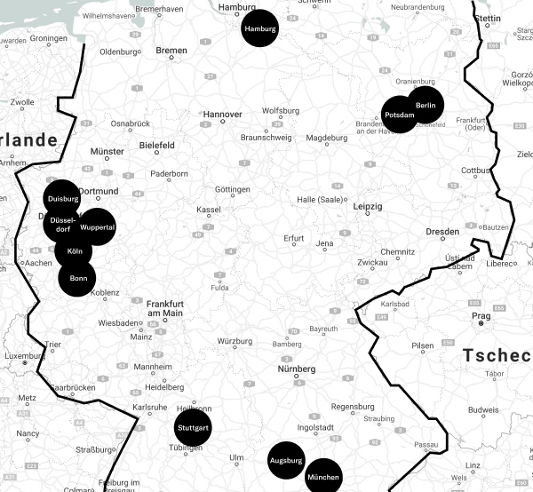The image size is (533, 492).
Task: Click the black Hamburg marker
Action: click(x=259, y=29)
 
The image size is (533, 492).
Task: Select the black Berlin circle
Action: click(x=425, y=105)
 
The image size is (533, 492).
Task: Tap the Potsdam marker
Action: click(x=400, y=115)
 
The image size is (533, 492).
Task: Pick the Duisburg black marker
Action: click(x=63, y=199)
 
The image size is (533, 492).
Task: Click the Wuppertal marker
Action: click(x=97, y=227)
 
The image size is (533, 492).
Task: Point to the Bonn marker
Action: click(x=77, y=278)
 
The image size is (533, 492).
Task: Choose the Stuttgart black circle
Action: click(x=193, y=428)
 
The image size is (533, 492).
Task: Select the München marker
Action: click(x=323, y=478)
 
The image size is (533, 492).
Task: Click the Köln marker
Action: click(x=75, y=251)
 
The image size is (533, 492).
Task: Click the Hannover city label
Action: click(x=222, y=115)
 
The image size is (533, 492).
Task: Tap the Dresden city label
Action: click(x=442, y=231)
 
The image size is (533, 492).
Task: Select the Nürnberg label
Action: click(x=297, y=369)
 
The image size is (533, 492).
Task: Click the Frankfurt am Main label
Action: click(x=164, y=307)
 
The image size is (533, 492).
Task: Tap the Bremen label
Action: click(x=171, y=51)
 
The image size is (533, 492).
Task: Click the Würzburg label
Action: click(x=235, y=341)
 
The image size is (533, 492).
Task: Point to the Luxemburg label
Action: click(x=24, y=355)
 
